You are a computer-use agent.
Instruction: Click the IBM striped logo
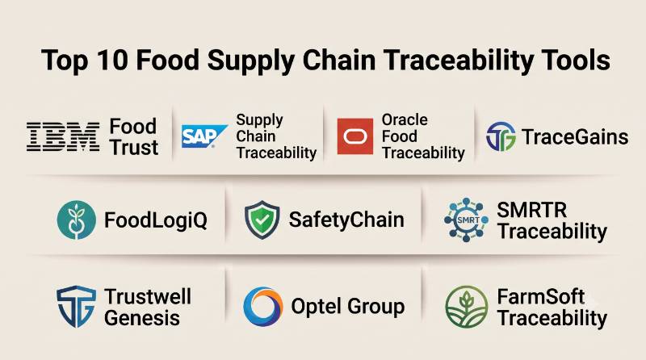[x=63, y=136]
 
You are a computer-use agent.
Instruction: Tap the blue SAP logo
[x=204, y=136]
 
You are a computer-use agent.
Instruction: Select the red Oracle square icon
[x=355, y=136]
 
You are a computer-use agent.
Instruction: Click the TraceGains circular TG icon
[x=501, y=136]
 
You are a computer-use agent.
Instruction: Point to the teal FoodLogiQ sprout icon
[x=77, y=220]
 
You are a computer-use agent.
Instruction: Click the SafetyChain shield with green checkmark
[x=262, y=220]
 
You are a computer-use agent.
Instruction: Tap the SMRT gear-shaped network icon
[x=467, y=220]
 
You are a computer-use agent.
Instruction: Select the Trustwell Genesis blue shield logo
[x=76, y=307]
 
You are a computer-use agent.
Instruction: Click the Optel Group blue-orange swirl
[x=263, y=307]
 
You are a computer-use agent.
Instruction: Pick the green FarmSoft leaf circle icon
[x=467, y=307]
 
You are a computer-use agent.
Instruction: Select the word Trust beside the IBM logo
[x=134, y=148]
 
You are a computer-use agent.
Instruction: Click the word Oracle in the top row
[x=405, y=119]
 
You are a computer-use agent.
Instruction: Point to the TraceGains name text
[x=575, y=136]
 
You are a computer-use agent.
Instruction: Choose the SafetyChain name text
[x=346, y=220]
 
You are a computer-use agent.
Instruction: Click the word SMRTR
[x=532, y=210]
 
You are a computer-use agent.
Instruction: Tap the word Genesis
[x=142, y=318]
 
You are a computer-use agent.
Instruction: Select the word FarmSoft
[x=541, y=296]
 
